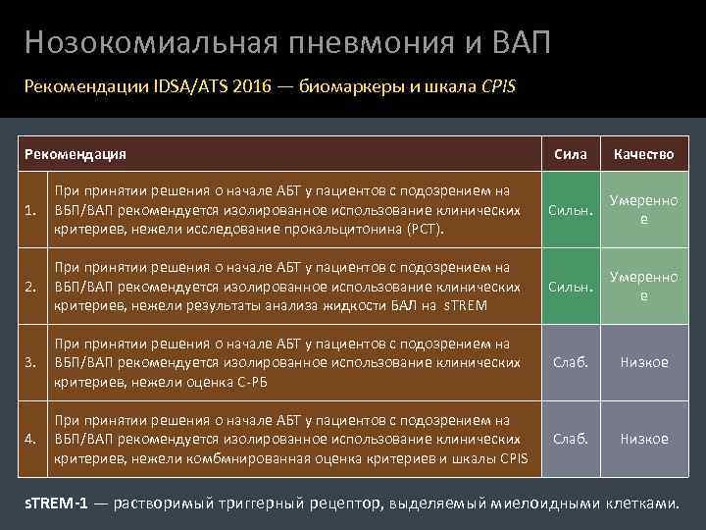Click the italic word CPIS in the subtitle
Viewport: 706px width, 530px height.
[498, 85]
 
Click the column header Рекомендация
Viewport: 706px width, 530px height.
[75, 154]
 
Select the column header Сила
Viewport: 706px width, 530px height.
[571, 154]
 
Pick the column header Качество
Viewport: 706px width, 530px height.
[643, 154]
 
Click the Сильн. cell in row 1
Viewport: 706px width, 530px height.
[571, 210]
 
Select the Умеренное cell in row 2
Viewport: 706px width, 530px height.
[643, 287]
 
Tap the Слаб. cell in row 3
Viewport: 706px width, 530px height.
[571, 362]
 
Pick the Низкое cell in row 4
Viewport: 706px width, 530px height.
[643, 439]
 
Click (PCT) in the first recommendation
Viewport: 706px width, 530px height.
[426, 229]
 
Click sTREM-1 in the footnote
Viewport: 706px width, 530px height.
[56, 503]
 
